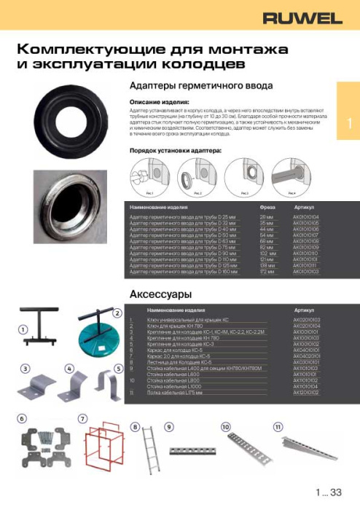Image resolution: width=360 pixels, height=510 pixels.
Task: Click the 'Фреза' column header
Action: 267,208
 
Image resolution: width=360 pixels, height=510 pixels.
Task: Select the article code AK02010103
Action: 306,320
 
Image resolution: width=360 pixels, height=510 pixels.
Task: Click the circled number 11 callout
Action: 278,425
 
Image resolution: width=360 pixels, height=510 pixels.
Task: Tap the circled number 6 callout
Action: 22,418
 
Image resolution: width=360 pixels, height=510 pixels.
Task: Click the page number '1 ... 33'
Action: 329,493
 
